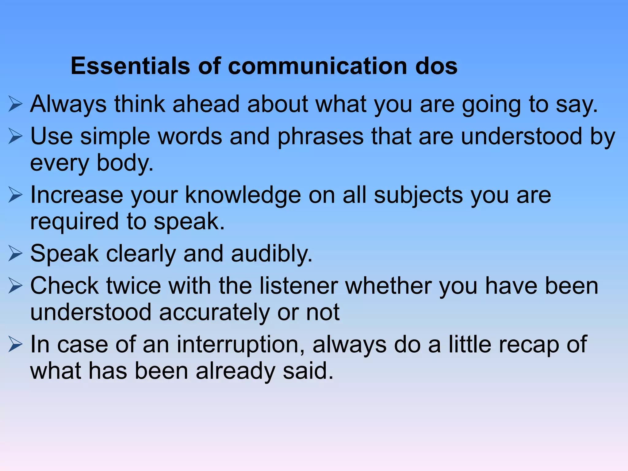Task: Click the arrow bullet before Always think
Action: point(15,104)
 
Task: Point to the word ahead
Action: point(206,104)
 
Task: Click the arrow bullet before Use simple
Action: point(15,136)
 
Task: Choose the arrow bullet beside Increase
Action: point(15,195)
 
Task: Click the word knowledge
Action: point(243,196)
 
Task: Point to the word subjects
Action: point(418,196)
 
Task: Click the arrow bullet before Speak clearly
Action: point(15,254)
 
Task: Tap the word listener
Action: point(298,286)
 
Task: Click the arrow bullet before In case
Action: point(15,345)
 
